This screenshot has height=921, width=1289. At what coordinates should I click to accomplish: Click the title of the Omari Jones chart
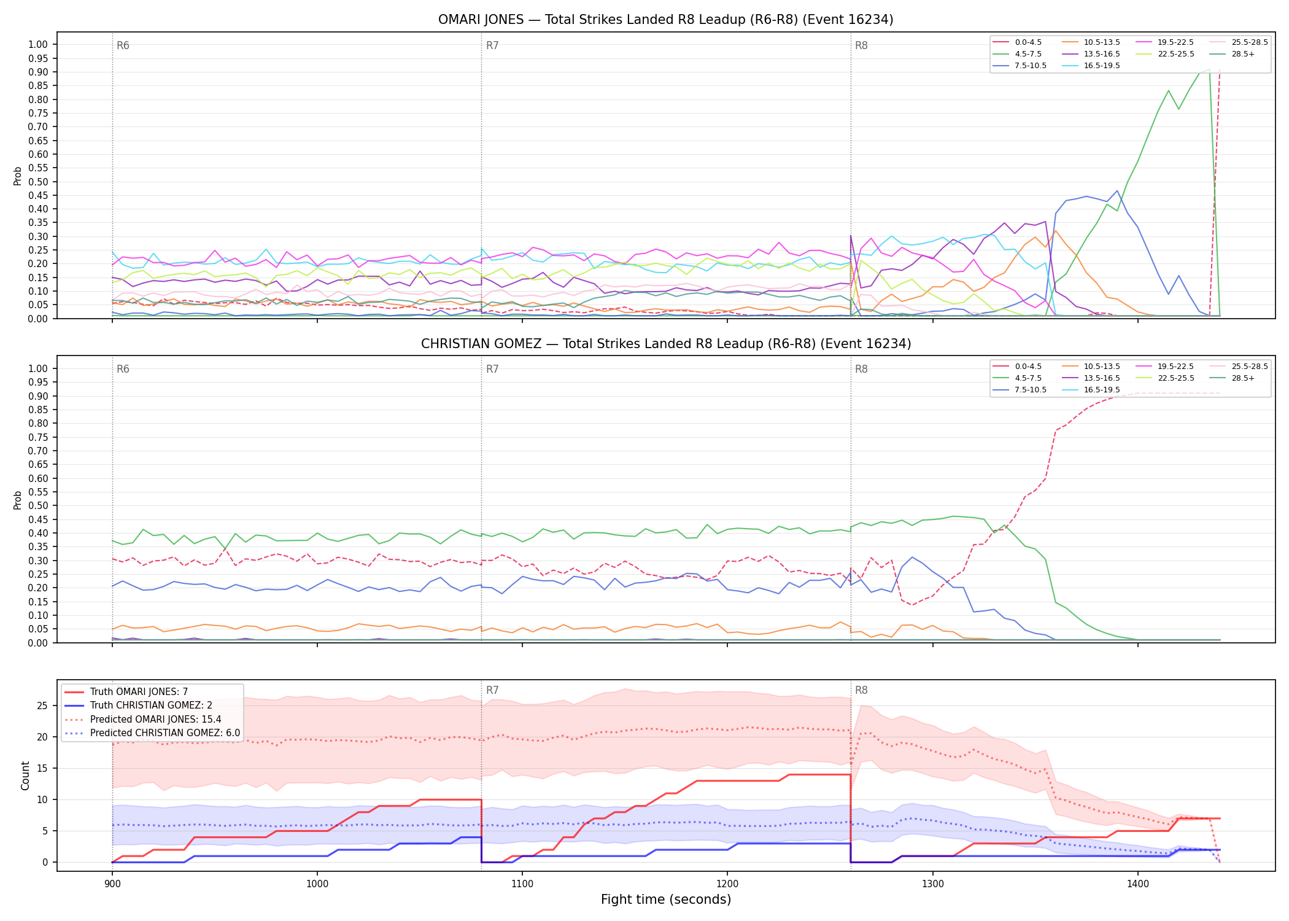665,20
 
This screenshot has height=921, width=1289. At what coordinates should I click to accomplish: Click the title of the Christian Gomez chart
665,344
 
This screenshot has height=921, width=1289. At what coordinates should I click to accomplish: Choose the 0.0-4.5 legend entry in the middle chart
1019,367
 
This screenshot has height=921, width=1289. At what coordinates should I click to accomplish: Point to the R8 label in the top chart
861,45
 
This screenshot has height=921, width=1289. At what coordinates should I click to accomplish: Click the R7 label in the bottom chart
492,690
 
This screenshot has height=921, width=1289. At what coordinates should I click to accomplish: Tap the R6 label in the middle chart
123,369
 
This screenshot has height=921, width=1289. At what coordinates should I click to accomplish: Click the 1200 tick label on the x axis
727,884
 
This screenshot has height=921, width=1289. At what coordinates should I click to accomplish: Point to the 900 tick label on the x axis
112,884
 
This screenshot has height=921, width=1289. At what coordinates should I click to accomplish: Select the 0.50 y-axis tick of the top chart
38,182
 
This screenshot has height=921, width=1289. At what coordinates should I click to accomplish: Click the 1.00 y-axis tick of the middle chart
38,368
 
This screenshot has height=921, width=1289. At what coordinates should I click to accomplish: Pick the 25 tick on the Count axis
42,705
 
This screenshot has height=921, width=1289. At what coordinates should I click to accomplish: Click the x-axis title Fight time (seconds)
666,900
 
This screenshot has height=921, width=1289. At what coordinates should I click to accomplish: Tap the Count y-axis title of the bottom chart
25,775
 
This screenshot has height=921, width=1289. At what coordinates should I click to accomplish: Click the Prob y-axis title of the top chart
18,176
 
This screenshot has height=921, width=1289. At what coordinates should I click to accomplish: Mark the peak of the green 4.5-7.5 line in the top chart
1209,69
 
